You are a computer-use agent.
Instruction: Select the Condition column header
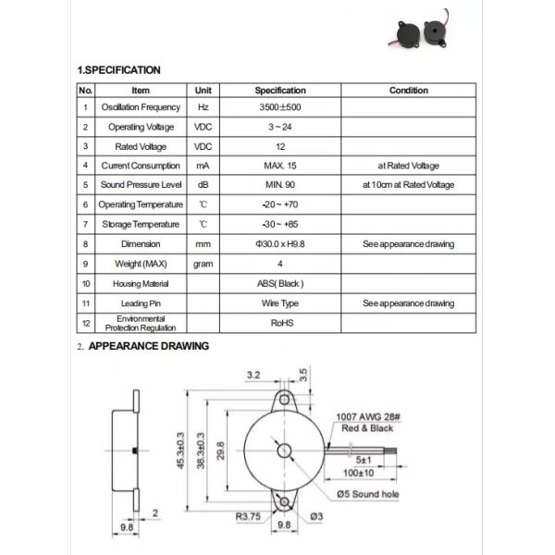[408, 91]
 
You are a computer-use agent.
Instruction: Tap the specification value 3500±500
[280, 108]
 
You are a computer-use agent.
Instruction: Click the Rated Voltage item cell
[141, 146]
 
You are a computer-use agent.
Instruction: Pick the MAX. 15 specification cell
[280, 166]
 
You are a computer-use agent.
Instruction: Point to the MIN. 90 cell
[280, 185]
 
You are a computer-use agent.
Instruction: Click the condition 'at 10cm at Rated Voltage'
[408, 185]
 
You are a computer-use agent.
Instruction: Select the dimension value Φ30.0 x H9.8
[280, 244]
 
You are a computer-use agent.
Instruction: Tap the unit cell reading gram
[203, 264]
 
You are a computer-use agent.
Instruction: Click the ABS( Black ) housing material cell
[280, 283]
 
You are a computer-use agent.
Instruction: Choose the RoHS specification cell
[280, 324]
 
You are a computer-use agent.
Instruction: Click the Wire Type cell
[280, 303]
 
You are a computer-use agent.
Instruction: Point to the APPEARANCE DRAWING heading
[148, 346]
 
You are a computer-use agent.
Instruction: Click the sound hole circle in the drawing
[284, 451]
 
